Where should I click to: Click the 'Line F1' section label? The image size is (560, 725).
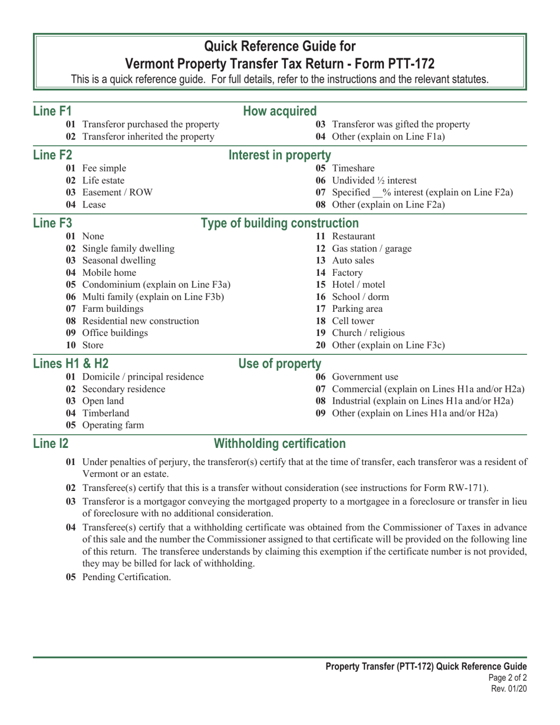(52, 111)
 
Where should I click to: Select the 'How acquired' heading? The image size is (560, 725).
(280, 111)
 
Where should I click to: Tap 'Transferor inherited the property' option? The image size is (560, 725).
(148, 137)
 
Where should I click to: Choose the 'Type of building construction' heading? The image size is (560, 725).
(280, 223)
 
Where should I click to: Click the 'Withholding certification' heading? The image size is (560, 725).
(280, 444)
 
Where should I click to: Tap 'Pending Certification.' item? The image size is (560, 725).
(127, 577)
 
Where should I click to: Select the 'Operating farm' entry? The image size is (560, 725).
(113, 425)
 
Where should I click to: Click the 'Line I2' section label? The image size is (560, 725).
(48, 444)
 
